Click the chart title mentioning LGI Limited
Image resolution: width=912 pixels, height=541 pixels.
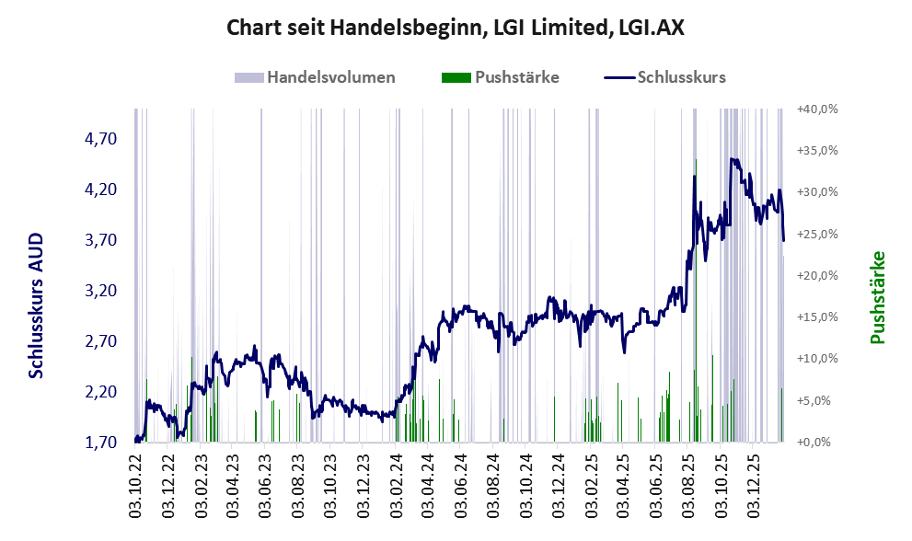[456, 29]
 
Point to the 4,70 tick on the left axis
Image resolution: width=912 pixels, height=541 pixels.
[100, 139]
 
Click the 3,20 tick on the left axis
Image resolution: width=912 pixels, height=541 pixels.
[100, 291]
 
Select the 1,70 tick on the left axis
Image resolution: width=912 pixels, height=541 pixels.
[100, 443]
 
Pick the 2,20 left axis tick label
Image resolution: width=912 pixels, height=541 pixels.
[100, 392]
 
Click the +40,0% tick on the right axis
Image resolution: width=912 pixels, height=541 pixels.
[817, 109]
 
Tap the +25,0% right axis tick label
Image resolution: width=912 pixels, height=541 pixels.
[817, 234]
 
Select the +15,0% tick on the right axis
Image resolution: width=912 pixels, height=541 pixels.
[817, 317]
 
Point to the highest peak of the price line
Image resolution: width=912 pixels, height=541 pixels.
[733, 159]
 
